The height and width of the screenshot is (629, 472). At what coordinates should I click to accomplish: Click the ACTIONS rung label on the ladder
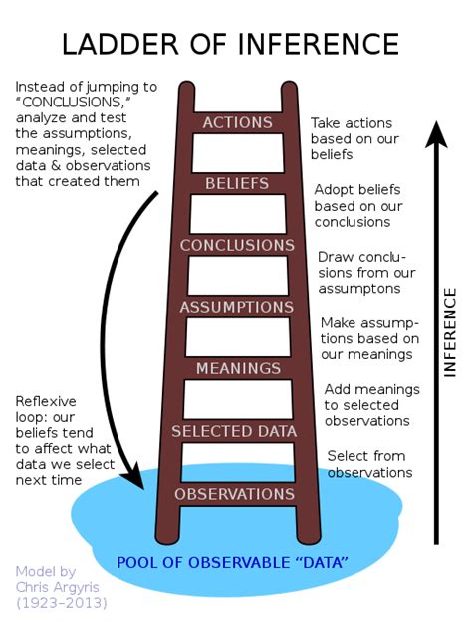pyautogui.click(x=237, y=122)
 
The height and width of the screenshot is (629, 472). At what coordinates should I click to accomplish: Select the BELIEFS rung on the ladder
pyautogui.click(x=237, y=184)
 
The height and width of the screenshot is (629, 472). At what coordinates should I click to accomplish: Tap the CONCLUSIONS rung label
pyautogui.click(x=237, y=245)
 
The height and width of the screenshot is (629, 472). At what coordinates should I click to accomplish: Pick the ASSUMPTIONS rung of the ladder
pyautogui.click(x=237, y=307)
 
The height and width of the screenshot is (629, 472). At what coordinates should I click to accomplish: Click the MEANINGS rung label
pyautogui.click(x=237, y=368)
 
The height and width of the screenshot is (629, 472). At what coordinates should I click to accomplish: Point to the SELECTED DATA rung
pyautogui.click(x=235, y=431)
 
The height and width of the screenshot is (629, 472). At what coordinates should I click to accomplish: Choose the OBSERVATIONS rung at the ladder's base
pyautogui.click(x=235, y=494)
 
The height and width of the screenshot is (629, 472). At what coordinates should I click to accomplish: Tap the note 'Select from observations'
pyautogui.click(x=369, y=464)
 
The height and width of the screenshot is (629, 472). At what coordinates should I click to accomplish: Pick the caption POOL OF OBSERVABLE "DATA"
pyautogui.click(x=232, y=563)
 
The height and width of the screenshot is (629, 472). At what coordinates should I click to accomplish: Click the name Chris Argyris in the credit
pyautogui.click(x=58, y=586)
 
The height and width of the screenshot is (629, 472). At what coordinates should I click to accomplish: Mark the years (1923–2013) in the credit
pyautogui.click(x=61, y=602)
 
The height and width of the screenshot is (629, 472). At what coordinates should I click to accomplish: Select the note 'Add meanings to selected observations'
pyautogui.click(x=369, y=405)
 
